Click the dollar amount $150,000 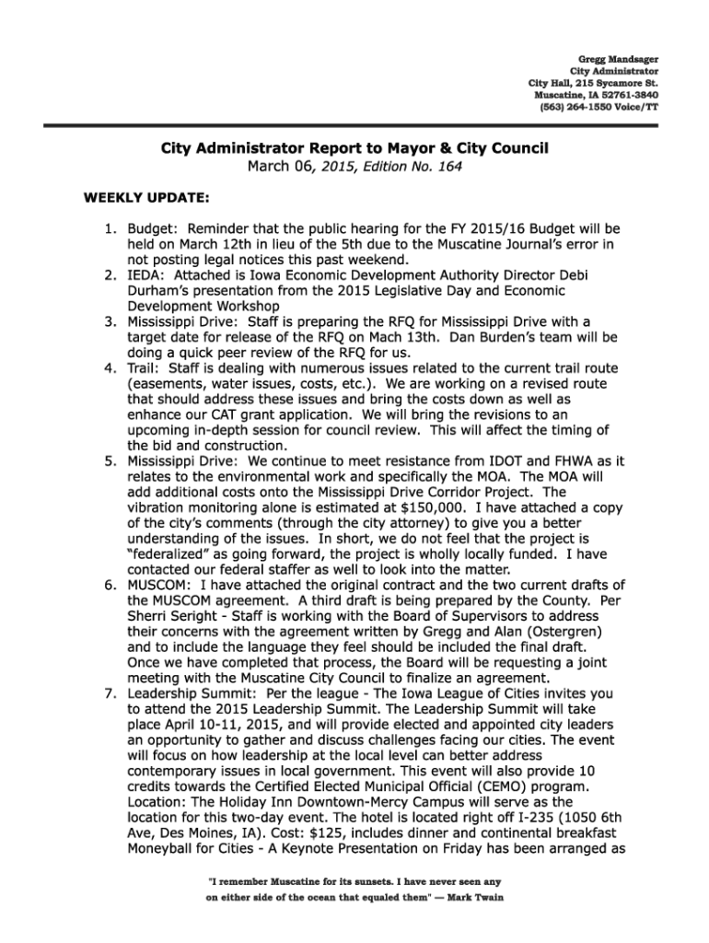pos(419,505)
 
